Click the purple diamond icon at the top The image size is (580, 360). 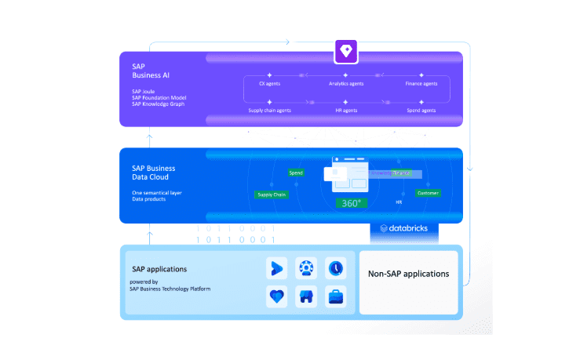coord(345,53)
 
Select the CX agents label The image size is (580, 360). coord(269,83)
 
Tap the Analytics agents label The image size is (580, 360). coord(346,83)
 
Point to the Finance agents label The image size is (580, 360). coord(422,83)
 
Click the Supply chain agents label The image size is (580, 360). coord(269,111)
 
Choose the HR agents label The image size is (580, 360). coord(346,111)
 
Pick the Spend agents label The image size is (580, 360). coord(422,111)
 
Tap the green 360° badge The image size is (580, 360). coord(351,203)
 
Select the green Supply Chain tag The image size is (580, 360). coord(271,195)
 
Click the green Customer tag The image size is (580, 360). coord(428,193)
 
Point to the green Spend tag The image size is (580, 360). coord(296,173)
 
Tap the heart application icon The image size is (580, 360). coord(275,297)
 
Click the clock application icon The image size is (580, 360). coord(335,268)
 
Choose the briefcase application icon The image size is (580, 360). coord(335,297)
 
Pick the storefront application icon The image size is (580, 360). coord(305,297)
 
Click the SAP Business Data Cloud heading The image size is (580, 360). coord(154,173)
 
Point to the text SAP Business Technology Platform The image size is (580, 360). coord(170,289)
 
